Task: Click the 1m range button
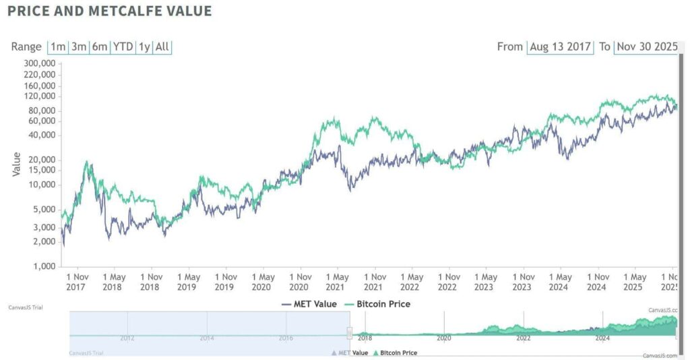click(58, 47)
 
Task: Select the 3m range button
click(79, 47)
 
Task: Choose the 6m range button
click(100, 47)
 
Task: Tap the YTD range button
click(122, 47)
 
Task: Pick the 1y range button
click(144, 47)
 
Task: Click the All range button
click(162, 47)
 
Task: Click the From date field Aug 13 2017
click(560, 47)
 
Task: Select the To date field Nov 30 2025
click(646, 47)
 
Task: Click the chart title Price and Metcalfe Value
click(109, 11)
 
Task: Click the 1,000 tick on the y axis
click(43, 266)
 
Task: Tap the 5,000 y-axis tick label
click(43, 209)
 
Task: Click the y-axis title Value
click(17, 164)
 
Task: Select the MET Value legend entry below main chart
click(309, 304)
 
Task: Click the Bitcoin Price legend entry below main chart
click(377, 304)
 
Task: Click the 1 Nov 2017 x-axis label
click(77, 282)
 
